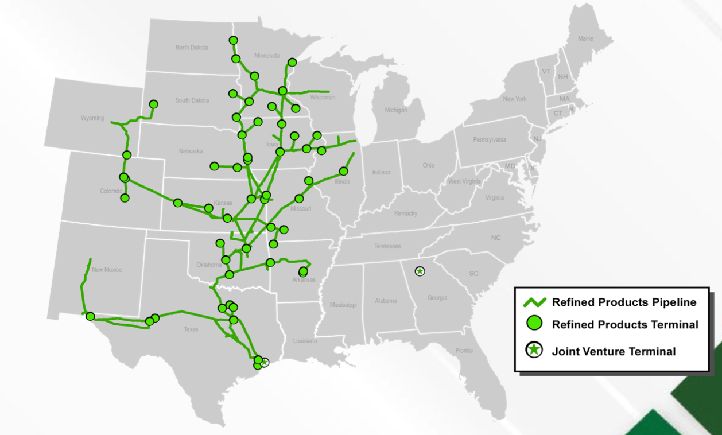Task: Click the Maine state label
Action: point(585,38)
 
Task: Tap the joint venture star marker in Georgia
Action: point(420,271)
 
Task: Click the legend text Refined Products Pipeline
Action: point(624,302)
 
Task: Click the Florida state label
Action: point(464,351)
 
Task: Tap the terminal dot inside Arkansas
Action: point(303,271)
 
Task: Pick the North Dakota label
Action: point(192,48)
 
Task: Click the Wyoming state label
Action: point(92,118)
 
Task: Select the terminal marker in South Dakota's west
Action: point(154,104)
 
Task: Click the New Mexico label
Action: point(107,270)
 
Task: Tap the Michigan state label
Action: point(395,110)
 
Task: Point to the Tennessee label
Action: point(387,246)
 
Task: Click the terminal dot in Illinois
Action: point(344,171)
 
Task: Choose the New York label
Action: point(514,99)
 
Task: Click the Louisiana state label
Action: point(305,341)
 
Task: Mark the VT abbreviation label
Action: point(546,72)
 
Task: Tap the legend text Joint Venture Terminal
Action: point(614,351)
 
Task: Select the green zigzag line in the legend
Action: point(534,301)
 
